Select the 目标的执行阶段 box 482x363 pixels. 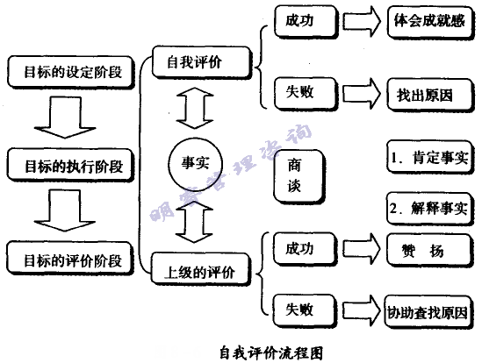pos(71,164)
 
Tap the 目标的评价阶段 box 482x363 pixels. pos(71,260)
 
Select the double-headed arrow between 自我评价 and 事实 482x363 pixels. pos(195,108)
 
